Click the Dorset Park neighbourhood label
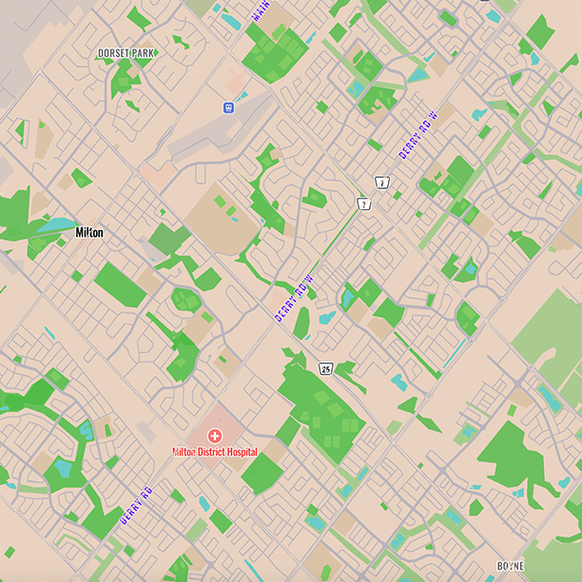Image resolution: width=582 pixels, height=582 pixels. click(x=126, y=53)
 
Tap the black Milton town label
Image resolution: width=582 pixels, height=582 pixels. click(x=89, y=232)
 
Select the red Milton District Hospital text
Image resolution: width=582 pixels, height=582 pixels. click(x=214, y=452)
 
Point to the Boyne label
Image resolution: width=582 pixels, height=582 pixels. click(x=511, y=566)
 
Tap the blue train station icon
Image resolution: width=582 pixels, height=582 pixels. click(x=228, y=107)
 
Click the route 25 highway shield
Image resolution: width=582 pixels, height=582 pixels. click(x=325, y=369)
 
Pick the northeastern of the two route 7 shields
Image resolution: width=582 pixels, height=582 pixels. click(x=381, y=181)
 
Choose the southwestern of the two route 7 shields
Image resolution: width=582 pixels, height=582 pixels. click(x=362, y=204)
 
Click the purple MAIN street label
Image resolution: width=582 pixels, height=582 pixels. click(x=261, y=10)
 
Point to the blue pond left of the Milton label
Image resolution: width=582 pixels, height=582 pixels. click(x=59, y=226)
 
